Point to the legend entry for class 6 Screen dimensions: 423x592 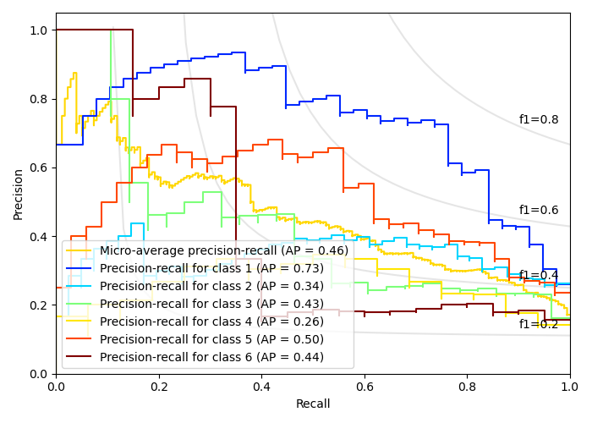point(211,357)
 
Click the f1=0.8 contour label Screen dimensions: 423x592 point(539,120)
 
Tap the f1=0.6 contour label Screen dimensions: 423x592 point(539,211)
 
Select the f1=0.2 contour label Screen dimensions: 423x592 point(539,324)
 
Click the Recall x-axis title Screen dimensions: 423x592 point(313,404)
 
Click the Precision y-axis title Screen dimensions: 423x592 point(19,194)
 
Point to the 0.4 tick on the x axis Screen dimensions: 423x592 point(261,386)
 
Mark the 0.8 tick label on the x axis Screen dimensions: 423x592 point(467,386)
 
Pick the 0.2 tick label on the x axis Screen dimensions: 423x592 point(159,386)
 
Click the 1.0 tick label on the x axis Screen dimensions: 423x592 point(569,386)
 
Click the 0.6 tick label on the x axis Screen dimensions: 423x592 point(365,386)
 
